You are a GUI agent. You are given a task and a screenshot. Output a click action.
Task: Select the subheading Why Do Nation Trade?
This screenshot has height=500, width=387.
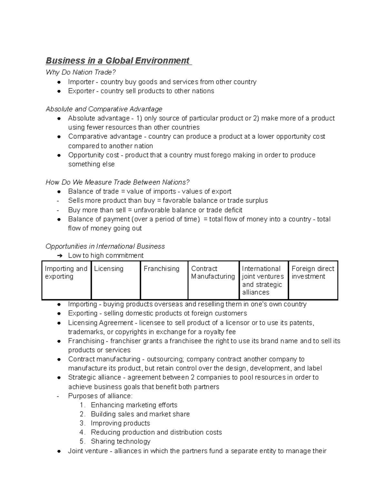tap(81, 72)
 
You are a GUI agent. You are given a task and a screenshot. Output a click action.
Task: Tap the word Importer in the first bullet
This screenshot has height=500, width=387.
tap(81, 82)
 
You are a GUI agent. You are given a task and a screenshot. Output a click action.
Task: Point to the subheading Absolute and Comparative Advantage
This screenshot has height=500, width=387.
tap(104, 109)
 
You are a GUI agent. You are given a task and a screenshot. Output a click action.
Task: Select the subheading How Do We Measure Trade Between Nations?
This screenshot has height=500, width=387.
tap(117, 182)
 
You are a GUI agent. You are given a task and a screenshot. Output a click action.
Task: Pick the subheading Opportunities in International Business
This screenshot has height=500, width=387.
tap(105, 246)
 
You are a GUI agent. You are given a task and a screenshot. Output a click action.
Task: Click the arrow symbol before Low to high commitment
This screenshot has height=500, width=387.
tap(60, 256)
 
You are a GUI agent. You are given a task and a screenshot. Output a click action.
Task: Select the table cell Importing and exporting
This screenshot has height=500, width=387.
tap(66, 280)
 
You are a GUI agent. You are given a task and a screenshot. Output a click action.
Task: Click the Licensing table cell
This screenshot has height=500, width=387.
tap(116, 280)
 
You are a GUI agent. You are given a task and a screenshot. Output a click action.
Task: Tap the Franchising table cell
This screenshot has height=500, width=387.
tap(164, 280)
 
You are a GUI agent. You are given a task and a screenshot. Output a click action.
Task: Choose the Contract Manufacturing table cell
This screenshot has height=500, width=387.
tap(213, 280)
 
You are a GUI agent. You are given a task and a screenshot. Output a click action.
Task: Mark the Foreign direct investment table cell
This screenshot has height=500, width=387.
tap(313, 280)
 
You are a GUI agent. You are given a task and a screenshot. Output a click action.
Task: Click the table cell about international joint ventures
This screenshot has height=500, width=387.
tap(263, 280)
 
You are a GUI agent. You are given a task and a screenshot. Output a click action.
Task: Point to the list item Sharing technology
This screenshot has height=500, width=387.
tap(120, 441)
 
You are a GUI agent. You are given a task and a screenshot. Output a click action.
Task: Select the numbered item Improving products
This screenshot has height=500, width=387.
tap(120, 423)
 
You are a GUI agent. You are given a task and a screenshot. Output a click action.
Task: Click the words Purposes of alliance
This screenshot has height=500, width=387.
tap(100, 396)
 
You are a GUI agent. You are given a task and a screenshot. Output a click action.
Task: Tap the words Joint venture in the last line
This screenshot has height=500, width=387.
tap(88, 451)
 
